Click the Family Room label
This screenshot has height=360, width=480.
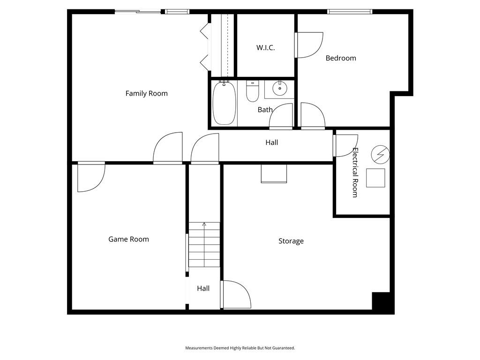[x=146, y=93]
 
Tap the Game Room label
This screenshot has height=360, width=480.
[x=128, y=239]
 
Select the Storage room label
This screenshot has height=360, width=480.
[x=291, y=241]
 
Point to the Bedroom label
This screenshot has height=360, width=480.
[x=341, y=58]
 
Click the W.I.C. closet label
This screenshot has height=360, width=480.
[x=265, y=48]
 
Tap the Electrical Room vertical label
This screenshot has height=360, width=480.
[x=355, y=172]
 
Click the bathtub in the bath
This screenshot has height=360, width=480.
[x=225, y=103]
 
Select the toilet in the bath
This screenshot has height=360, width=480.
[x=253, y=91]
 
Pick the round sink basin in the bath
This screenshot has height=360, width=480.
[x=279, y=88]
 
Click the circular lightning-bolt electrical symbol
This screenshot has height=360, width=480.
[x=381, y=154]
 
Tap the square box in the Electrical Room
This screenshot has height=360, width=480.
[x=375, y=178]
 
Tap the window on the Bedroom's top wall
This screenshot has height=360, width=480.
[x=350, y=12]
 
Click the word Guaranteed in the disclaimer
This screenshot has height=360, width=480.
[x=285, y=348]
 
